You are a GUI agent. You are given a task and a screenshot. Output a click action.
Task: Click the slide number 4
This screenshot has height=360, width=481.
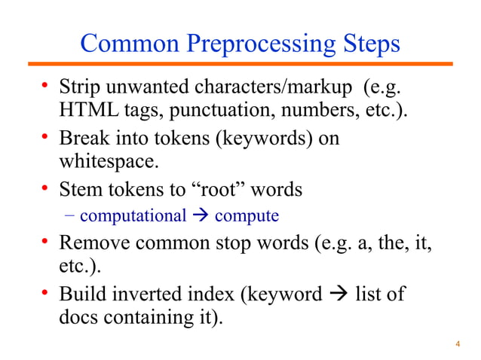[458, 344]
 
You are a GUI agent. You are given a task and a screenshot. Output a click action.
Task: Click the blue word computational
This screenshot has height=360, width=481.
[133, 217]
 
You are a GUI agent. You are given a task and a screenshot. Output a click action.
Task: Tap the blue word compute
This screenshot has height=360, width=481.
[247, 217]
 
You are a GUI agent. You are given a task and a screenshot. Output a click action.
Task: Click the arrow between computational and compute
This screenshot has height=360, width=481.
[200, 217]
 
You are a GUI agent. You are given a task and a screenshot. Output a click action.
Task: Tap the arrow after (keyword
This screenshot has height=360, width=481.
[338, 293]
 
